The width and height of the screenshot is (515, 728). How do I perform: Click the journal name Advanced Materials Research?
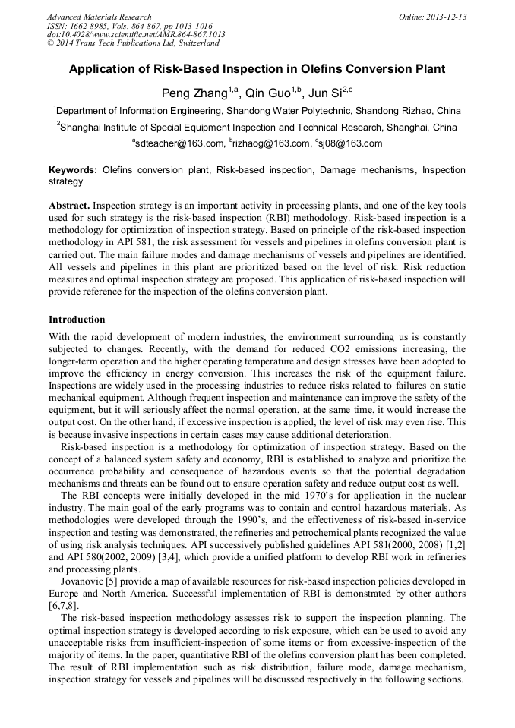pos(99,17)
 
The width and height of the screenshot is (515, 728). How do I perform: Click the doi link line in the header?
pos(136,35)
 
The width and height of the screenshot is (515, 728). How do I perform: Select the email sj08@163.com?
pos(352,143)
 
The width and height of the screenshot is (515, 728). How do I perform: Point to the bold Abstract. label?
pos(71,206)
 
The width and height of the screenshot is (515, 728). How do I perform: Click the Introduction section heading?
pos(77,319)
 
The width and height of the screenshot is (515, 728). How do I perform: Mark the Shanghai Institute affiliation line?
pos(257,127)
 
